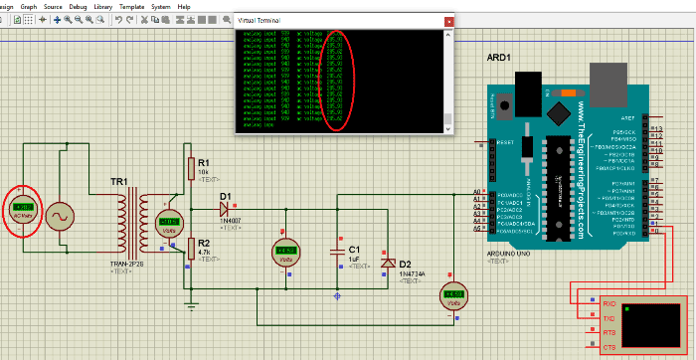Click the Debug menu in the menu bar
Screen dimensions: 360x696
pyautogui.click(x=78, y=6)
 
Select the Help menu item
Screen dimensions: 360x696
pyautogui.click(x=184, y=6)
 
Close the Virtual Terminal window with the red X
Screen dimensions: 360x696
pyautogui.click(x=448, y=21)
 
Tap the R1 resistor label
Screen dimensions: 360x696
pyautogui.click(x=204, y=162)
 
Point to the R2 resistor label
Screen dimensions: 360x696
pyautogui.click(x=204, y=242)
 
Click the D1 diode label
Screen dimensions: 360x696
pyautogui.click(x=225, y=196)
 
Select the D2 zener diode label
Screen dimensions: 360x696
pyautogui.click(x=405, y=264)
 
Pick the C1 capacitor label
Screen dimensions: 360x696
pyautogui.click(x=354, y=248)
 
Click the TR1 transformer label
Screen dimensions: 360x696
pyautogui.click(x=118, y=183)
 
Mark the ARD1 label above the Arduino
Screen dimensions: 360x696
pyautogui.click(x=499, y=57)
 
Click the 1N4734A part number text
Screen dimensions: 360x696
pyautogui.click(x=412, y=273)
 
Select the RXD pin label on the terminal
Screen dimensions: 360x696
pyautogui.click(x=609, y=303)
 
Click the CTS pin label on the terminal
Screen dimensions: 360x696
pyautogui.click(x=609, y=347)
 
